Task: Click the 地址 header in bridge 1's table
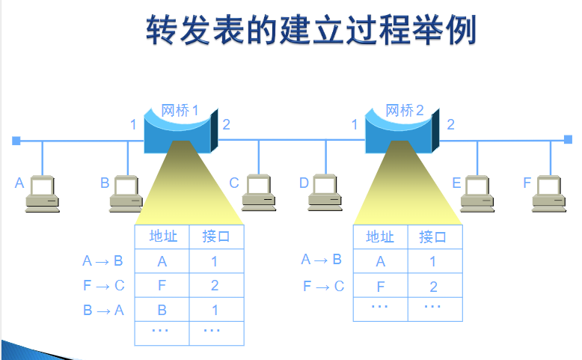pyautogui.click(x=162, y=237)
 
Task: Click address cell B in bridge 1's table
pyautogui.click(x=162, y=310)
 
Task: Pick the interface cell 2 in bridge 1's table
pyautogui.click(x=215, y=285)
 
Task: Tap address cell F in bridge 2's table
pyautogui.click(x=380, y=287)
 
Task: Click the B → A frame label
pyautogui.click(x=103, y=309)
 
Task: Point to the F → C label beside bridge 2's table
pyautogui.click(x=323, y=285)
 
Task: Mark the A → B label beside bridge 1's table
pyautogui.click(x=103, y=261)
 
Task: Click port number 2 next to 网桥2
pyautogui.click(x=450, y=124)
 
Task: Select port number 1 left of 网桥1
pyautogui.click(x=133, y=124)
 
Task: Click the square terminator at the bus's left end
pyautogui.click(x=16, y=140)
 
